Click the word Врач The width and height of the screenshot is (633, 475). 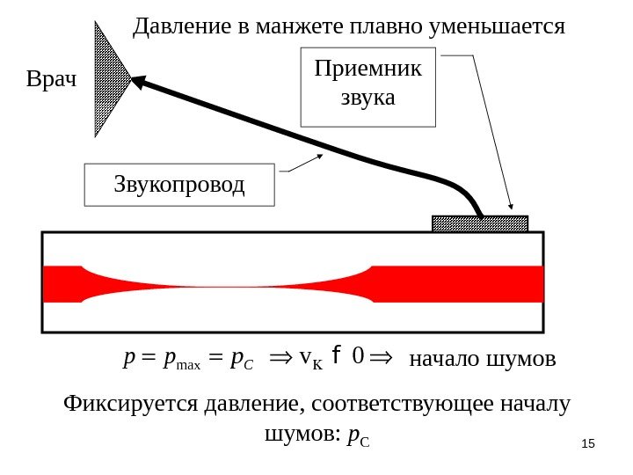[52, 82]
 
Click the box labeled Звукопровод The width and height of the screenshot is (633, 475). [179, 185]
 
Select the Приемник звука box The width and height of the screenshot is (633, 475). [367, 88]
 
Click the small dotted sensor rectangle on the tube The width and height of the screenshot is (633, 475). [480, 223]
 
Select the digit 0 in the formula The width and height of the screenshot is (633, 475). [357, 358]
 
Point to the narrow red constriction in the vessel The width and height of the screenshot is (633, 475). [229, 283]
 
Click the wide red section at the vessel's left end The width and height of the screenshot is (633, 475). [62, 283]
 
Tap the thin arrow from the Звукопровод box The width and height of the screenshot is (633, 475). [303, 164]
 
